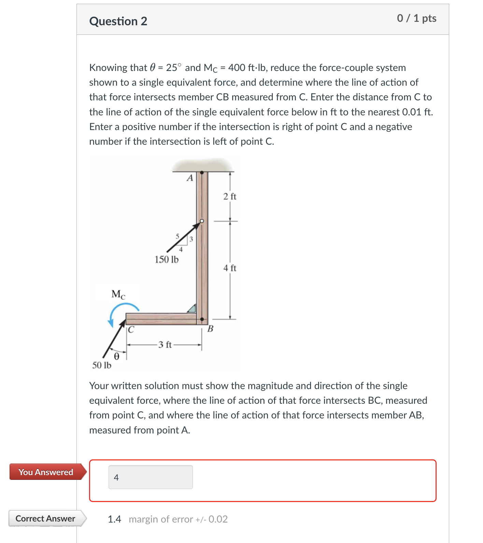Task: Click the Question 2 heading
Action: (x=118, y=22)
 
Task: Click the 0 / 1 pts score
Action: (x=416, y=18)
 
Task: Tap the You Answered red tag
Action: (x=46, y=472)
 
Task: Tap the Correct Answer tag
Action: (x=45, y=518)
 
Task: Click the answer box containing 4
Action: (x=151, y=477)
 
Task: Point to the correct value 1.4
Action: (x=114, y=519)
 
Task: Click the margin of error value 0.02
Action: (x=218, y=519)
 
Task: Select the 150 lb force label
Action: (x=166, y=260)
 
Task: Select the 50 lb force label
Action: (x=102, y=366)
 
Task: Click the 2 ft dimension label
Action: (x=230, y=197)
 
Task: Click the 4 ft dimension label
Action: (x=230, y=268)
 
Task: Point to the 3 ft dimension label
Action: (x=165, y=345)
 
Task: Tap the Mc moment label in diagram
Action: (x=118, y=294)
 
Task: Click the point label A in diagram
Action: (x=190, y=178)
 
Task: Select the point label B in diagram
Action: (x=210, y=329)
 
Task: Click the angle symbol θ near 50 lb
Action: (x=116, y=357)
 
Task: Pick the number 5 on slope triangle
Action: (x=177, y=236)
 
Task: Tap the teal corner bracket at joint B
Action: (x=192, y=309)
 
